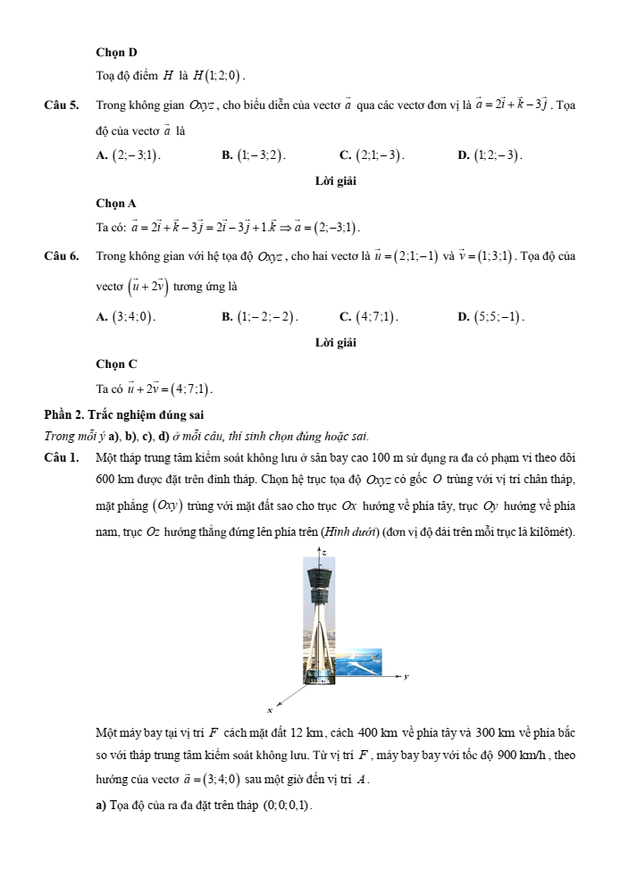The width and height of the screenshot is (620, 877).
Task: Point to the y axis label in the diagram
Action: (x=406, y=677)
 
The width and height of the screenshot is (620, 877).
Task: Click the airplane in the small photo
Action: (x=363, y=663)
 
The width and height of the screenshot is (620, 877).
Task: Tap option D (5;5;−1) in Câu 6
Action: (x=491, y=315)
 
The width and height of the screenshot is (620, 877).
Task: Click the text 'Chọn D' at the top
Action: (x=116, y=53)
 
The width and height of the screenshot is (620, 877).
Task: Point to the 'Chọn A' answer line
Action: (x=116, y=204)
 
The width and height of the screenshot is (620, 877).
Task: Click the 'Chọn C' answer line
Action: (x=116, y=364)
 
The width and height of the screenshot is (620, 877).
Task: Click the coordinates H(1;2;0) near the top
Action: (x=223, y=75)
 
